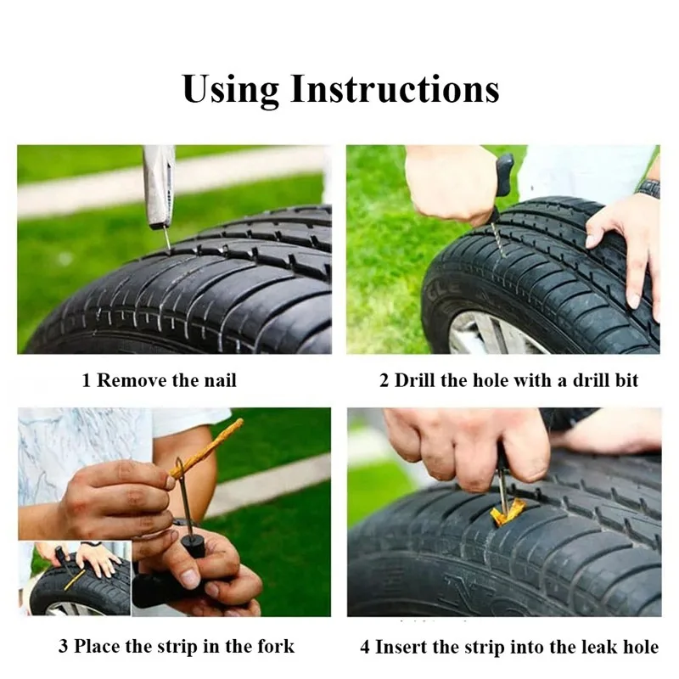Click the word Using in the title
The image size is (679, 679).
click(231, 90)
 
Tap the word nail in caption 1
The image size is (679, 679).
click(220, 380)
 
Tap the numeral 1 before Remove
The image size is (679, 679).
click(87, 380)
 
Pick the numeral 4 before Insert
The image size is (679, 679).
click(365, 648)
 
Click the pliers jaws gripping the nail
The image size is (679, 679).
click(160, 186)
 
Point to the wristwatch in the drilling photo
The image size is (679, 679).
click(648, 188)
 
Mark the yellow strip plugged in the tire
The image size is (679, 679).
click(508, 512)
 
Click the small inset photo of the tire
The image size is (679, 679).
click(75, 579)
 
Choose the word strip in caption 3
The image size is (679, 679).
click(177, 647)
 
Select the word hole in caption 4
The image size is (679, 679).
click(641, 647)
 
